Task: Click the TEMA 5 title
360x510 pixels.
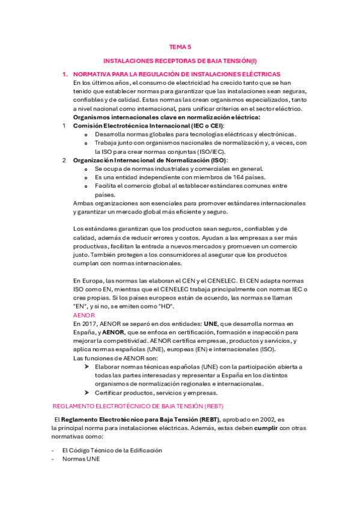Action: point(180,46)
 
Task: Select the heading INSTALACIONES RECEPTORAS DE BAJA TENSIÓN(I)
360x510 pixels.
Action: point(180,61)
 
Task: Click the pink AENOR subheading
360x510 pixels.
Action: point(84,315)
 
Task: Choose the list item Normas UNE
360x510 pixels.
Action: point(81,459)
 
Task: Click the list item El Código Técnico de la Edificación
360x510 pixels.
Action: point(112,450)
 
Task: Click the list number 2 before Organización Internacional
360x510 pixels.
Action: point(64,161)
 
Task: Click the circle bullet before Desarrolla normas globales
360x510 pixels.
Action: point(88,135)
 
